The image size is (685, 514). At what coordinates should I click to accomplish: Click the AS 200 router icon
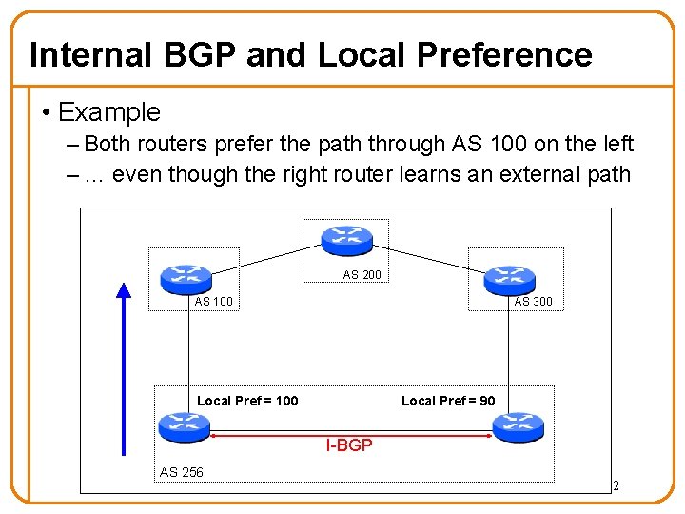346,240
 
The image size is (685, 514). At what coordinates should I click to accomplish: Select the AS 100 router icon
186,278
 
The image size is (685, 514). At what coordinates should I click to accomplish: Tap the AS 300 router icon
510,279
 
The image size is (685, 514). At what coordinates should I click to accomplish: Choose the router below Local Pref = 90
518,426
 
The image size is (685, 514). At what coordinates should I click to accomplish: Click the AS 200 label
362,275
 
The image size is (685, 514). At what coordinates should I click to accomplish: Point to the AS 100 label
213,302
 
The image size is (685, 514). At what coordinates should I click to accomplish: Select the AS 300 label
533,302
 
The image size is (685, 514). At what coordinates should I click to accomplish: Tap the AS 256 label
181,472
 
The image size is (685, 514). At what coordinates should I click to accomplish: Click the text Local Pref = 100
247,401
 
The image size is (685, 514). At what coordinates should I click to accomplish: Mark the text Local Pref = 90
448,401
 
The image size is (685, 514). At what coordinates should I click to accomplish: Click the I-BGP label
349,445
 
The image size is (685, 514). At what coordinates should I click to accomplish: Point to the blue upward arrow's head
123,289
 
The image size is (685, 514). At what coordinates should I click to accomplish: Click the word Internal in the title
89,55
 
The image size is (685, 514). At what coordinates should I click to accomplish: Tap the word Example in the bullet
109,112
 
